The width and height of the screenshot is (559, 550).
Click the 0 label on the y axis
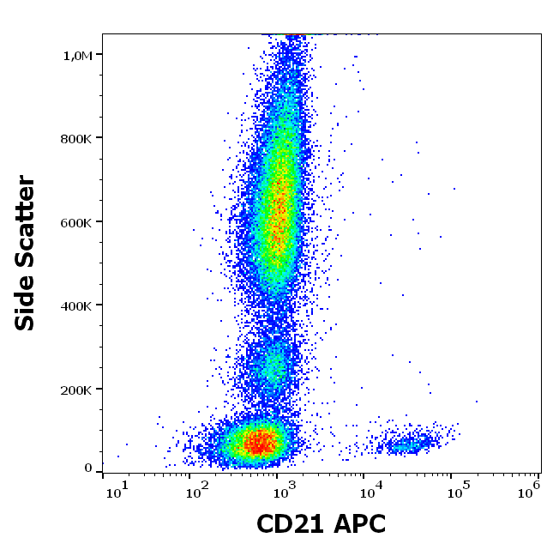87,468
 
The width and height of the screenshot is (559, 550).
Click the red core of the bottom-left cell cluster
260,443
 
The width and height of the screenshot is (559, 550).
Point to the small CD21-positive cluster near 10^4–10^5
407,444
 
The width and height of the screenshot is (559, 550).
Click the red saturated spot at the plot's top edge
295,35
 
